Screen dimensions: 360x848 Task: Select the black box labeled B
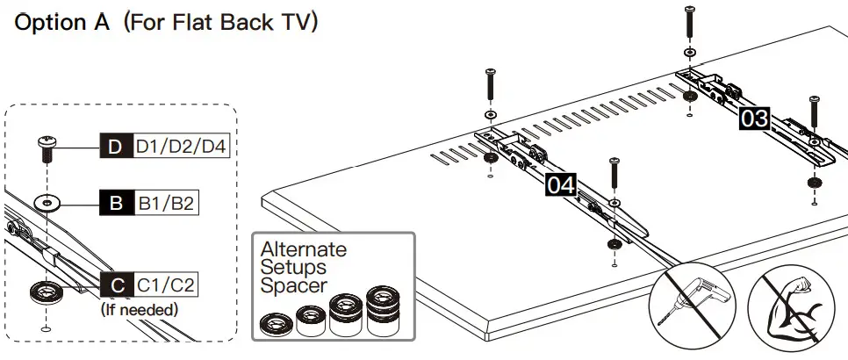[x=115, y=204]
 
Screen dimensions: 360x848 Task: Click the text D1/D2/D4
[x=181, y=147]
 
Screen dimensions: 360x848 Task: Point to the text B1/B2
[x=165, y=204]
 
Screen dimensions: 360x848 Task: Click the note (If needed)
[x=140, y=309]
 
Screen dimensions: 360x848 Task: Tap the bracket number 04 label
[x=562, y=184]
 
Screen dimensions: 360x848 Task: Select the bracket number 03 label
[x=754, y=118]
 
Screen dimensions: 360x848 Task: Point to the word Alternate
[x=303, y=250]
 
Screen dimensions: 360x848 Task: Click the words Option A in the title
[x=61, y=22]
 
